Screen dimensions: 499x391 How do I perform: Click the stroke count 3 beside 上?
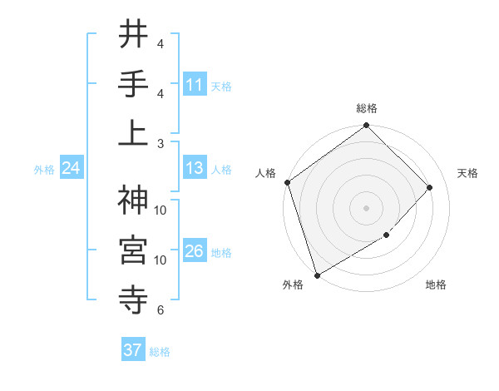(161, 143)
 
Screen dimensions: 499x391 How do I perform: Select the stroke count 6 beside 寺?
(161, 310)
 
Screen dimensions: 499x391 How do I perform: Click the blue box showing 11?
(195, 85)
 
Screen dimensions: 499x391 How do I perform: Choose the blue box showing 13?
(195, 169)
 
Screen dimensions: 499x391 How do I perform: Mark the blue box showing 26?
(195, 252)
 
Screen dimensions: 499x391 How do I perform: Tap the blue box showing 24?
(71, 169)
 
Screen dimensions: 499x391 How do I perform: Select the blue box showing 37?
(132, 351)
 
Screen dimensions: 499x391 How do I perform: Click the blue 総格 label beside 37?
(160, 352)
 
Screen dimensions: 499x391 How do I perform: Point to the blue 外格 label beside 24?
(44, 170)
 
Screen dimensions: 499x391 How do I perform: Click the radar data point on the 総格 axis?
(366, 126)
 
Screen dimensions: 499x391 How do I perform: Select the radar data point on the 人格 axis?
(288, 182)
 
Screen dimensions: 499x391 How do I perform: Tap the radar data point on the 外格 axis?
(318, 275)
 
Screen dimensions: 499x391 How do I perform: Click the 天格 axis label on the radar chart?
(468, 173)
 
